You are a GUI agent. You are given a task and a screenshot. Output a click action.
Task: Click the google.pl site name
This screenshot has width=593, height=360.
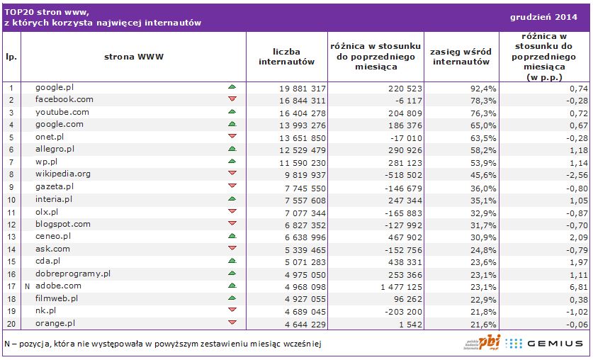click(x=55, y=87)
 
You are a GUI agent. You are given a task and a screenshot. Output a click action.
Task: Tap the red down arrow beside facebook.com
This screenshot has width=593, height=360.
click(x=232, y=100)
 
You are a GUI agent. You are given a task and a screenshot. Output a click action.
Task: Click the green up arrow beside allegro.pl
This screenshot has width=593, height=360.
click(x=232, y=149)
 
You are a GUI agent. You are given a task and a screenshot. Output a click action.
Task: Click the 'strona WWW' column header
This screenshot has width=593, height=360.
click(x=133, y=57)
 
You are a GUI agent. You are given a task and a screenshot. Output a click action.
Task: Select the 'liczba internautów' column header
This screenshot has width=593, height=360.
click(x=286, y=57)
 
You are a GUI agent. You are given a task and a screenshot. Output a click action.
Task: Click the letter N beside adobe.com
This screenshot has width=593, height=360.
click(x=26, y=286)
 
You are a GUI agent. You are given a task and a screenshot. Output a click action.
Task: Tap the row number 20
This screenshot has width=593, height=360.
click(x=11, y=324)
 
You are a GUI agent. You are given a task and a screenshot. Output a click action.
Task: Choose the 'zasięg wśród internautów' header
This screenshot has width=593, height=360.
click(x=461, y=57)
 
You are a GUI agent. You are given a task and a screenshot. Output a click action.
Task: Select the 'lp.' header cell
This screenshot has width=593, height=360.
click(x=11, y=57)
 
